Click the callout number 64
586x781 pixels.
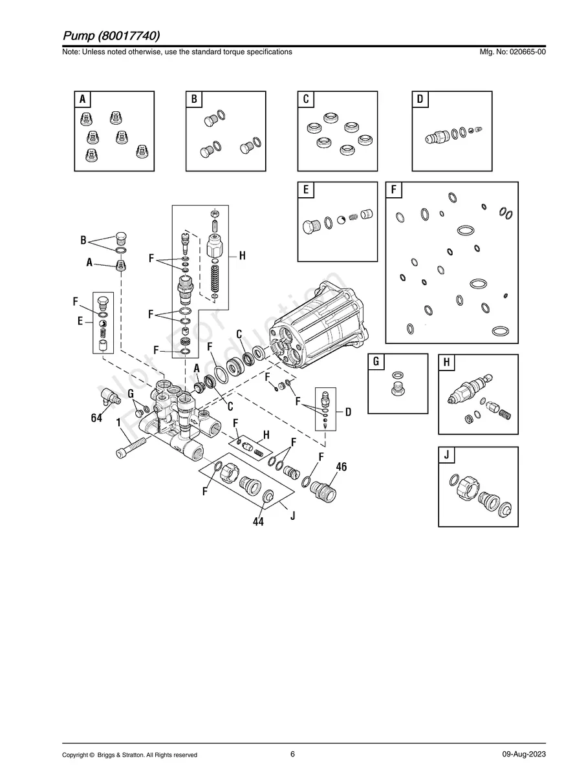[x=96, y=418]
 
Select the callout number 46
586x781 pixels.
[x=342, y=467]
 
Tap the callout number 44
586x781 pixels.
[x=258, y=522]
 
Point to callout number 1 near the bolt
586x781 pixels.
[x=118, y=423]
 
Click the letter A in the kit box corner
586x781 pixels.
[x=83, y=99]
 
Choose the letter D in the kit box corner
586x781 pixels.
[x=420, y=99]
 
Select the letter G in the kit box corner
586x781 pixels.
[x=376, y=362]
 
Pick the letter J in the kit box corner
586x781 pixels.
[x=446, y=455]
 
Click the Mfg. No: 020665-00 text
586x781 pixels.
[x=512, y=52]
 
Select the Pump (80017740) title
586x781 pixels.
[x=111, y=36]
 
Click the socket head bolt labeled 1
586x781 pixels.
[x=131, y=447]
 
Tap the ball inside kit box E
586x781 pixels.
[x=341, y=220]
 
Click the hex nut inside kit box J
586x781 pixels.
[x=468, y=489]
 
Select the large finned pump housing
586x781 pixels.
[x=319, y=324]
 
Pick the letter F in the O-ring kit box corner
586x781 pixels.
[x=393, y=189]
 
